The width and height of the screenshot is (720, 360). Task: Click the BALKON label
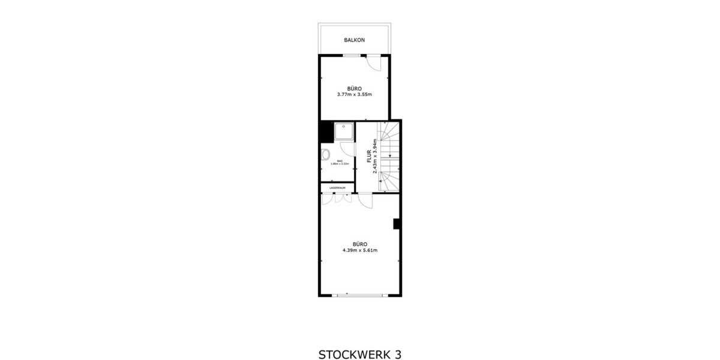(355, 40)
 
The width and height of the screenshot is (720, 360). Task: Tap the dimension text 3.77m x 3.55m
(355, 94)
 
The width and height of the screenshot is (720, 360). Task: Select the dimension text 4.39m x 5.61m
(359, 250)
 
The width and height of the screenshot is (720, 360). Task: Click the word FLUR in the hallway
(368, 155)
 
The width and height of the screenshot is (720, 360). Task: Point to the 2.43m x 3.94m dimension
(375, 156)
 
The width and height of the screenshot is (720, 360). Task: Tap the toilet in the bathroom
(326, 155)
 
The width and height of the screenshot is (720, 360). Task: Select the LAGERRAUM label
(337, 188)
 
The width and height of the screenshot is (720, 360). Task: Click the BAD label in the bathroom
(340, 161)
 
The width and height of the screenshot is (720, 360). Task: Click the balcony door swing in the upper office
(373, 62)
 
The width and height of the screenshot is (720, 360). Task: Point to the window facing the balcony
(352, 56)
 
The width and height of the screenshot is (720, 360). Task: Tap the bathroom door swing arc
(347, 149)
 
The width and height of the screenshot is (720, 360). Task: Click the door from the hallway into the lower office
(365, 200)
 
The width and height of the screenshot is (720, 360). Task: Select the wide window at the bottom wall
(359, 295)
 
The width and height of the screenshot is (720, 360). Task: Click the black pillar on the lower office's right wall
(397, 224)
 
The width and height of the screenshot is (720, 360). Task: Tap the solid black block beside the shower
(326, 131)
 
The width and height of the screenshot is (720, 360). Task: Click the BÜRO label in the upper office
(355, 88)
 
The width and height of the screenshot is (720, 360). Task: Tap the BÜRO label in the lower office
(359, 244)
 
